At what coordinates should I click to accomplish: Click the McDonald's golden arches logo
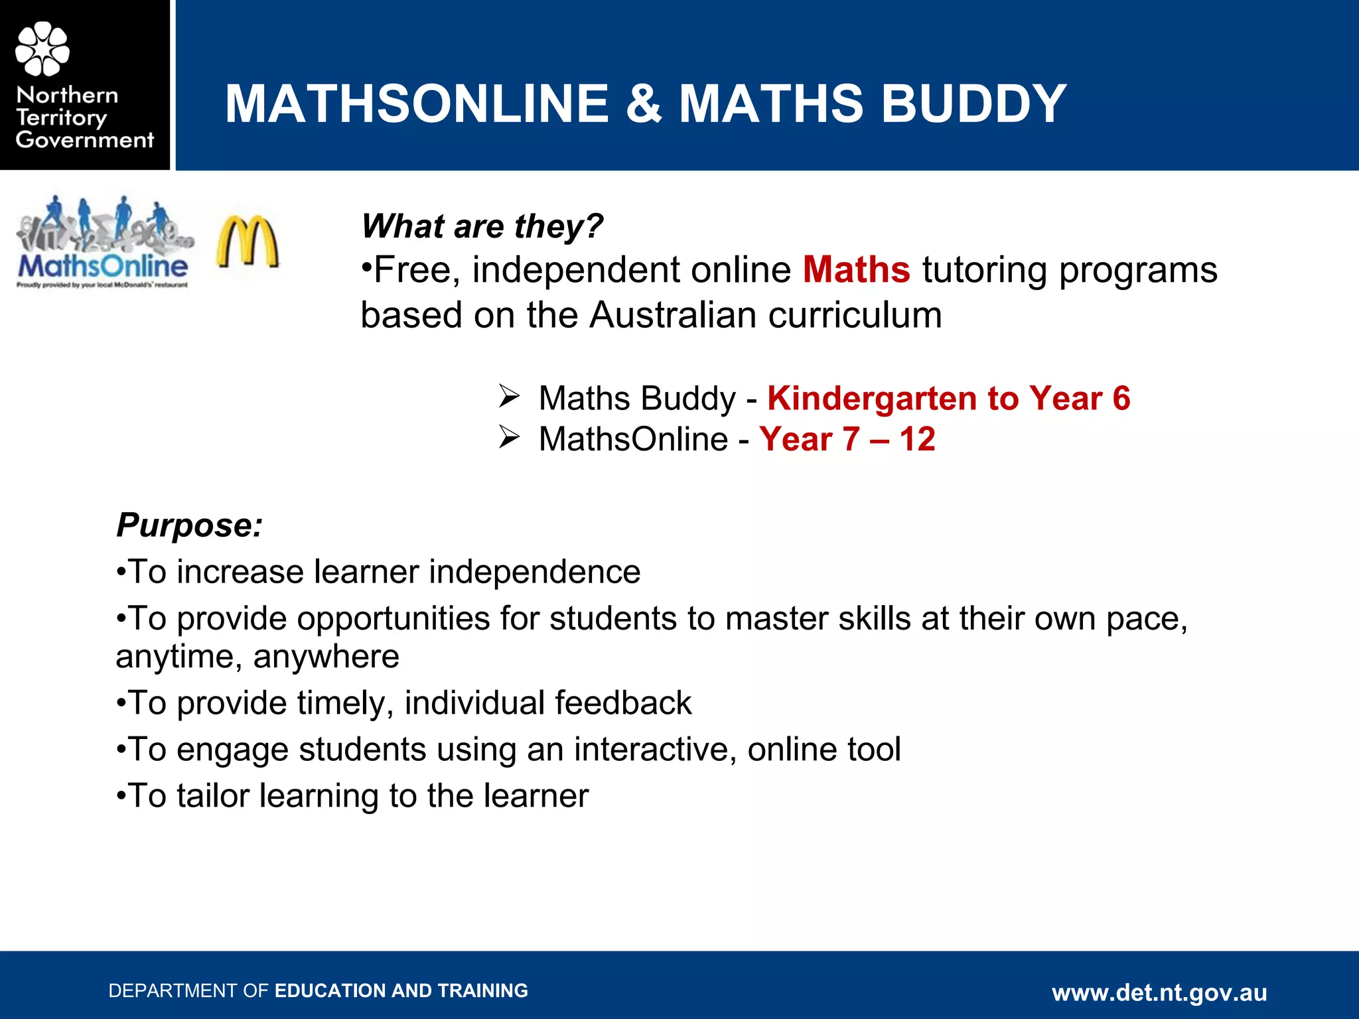point(248,241)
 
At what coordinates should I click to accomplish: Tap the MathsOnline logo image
point(104,243)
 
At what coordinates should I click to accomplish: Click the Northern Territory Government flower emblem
point(42,48)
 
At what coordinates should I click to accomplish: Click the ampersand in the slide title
point(643,104)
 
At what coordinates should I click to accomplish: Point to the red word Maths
point(856,270)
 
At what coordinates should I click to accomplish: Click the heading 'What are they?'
point(482,226)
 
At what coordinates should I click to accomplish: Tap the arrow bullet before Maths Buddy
point(509,397)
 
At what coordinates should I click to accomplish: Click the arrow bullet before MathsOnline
point(509,438)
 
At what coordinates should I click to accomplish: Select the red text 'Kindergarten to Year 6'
point(948,399)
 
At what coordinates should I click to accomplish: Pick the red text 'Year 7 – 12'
point(847,439)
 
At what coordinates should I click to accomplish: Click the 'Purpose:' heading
point(189,525)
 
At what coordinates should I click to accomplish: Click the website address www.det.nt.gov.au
point(1159,992)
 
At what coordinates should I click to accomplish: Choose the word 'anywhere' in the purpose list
point(326,657)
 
